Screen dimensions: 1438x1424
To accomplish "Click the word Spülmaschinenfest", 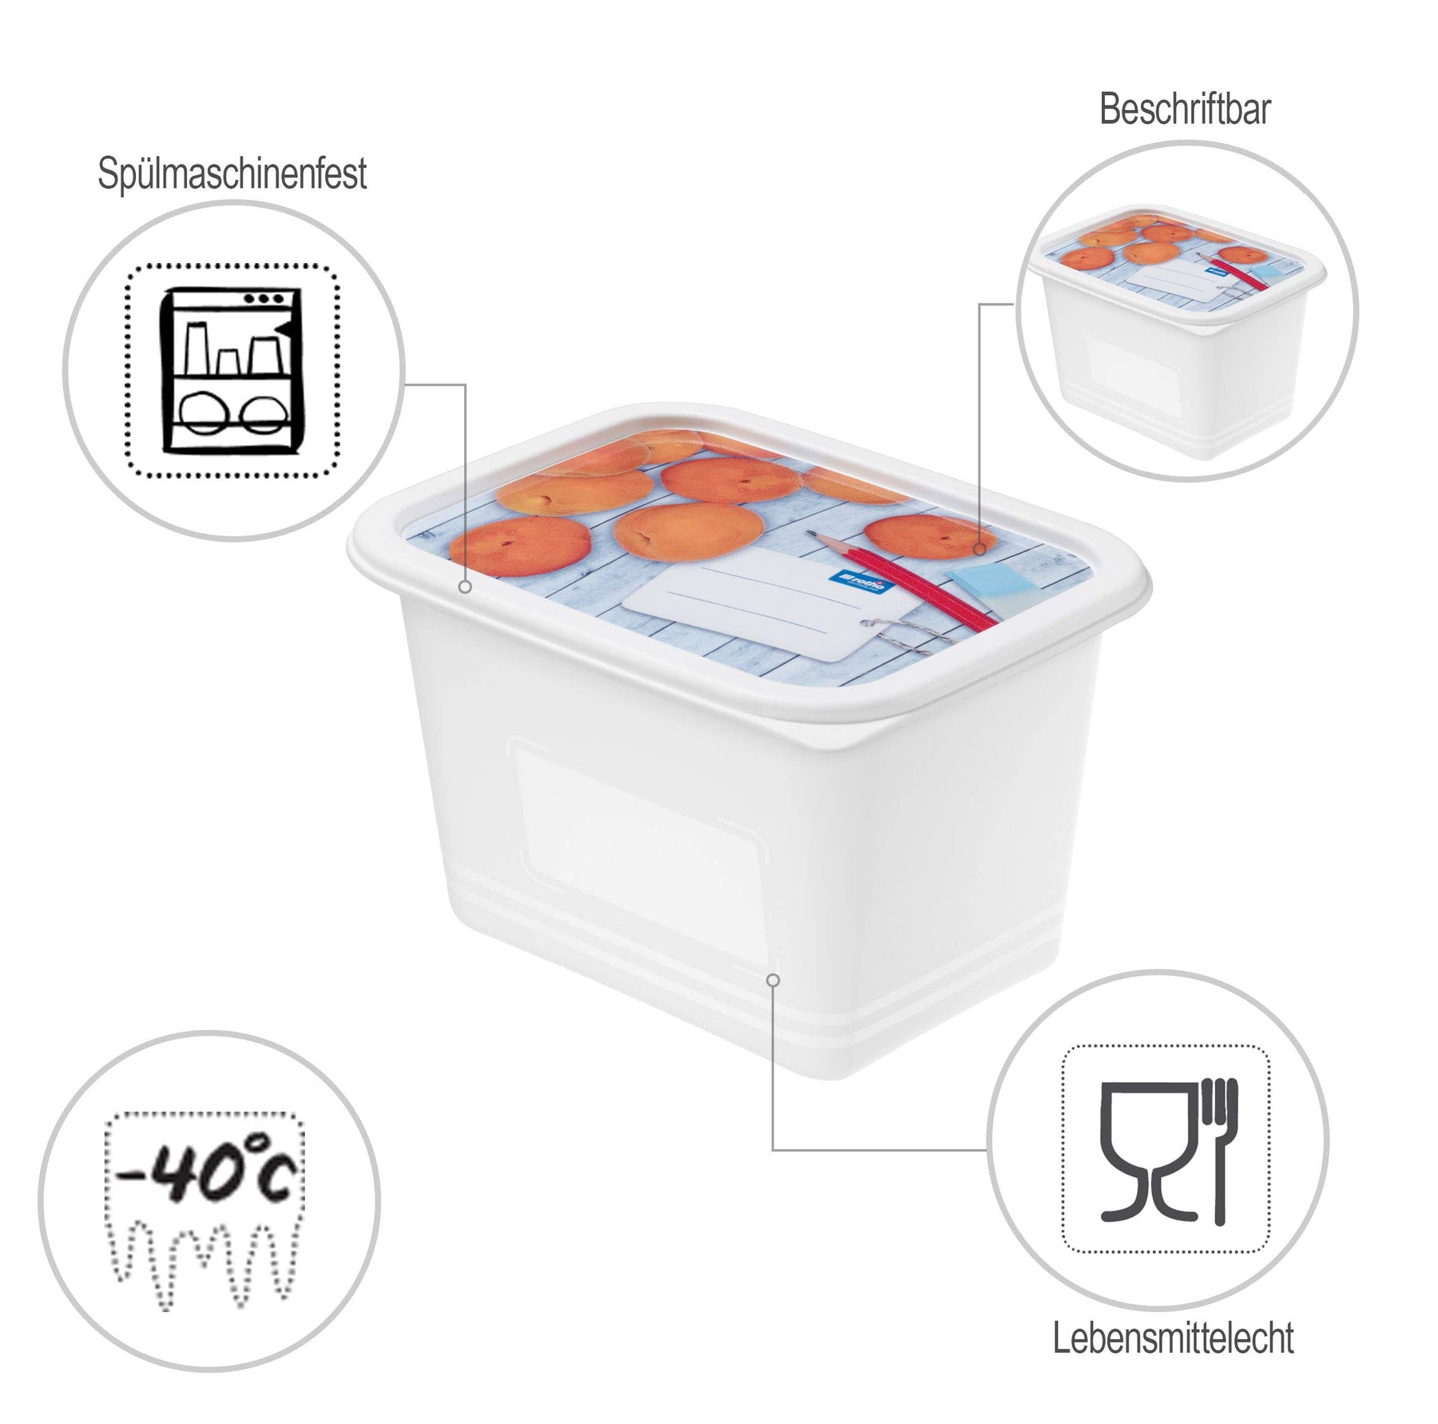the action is [x=232, y=175].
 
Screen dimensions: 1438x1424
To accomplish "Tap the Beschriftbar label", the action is [x=1185, y=109].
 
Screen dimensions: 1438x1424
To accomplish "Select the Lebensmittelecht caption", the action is [x=1173, y=1338].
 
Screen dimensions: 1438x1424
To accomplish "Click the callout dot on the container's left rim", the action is [x=465, y=587].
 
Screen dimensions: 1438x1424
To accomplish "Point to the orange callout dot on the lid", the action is [x=979, y=549].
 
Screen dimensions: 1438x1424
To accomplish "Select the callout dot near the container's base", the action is [x=773, y=980].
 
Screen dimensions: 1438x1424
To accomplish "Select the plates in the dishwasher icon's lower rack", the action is [x=229, y=412].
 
